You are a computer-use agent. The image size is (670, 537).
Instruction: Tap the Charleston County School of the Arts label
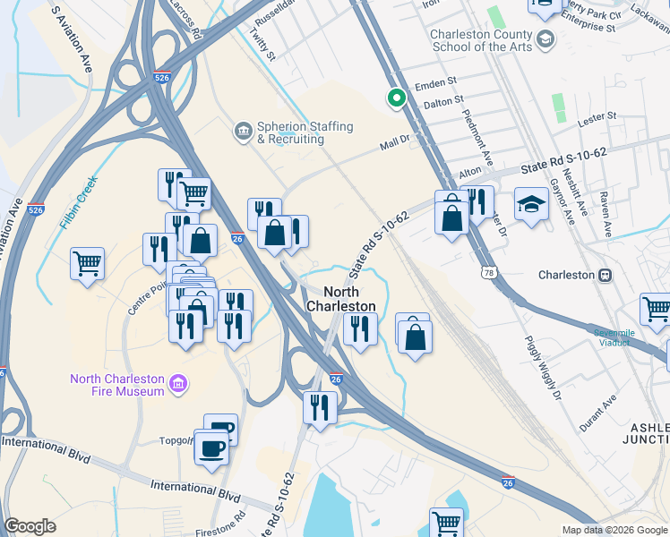(481, 40)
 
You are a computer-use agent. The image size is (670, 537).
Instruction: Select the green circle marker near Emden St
(393, 99)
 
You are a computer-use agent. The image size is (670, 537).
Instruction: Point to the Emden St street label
(438, 87)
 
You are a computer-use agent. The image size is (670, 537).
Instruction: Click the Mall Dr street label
(394, 141)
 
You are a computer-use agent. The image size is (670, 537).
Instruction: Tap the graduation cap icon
(531, 205)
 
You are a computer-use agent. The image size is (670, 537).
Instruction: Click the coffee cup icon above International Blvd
(211, 447)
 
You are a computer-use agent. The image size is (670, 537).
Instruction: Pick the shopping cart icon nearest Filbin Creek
(88, 263)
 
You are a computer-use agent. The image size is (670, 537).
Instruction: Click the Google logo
(30, 526)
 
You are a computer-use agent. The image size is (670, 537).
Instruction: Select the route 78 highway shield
(489, 272)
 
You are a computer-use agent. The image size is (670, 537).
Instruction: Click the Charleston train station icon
(606, 275)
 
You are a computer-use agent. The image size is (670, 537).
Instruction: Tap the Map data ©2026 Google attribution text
(614, 530)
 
